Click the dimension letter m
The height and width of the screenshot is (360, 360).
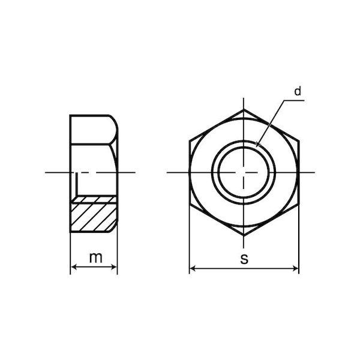95,257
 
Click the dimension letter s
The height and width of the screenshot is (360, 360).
244,259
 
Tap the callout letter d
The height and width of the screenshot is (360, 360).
298,91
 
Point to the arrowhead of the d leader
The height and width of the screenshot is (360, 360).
258,144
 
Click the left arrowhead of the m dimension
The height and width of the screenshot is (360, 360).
74,267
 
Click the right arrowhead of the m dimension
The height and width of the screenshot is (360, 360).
114,267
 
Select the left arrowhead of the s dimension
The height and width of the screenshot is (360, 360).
193,268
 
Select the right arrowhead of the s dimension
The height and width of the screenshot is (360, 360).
295,268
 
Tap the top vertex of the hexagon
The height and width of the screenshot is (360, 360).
244,110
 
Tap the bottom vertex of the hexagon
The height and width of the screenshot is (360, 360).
244,236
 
